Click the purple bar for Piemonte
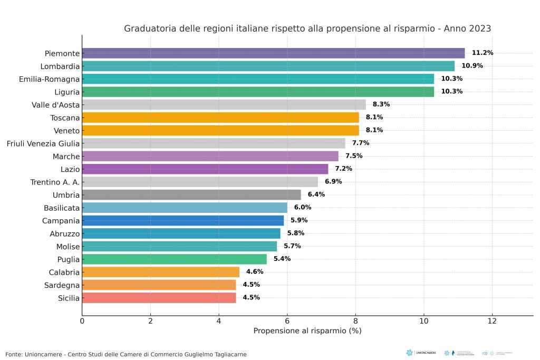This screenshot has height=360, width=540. pyautogui.click(x=273, y=53)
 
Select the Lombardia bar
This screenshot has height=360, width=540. pyautogui.click(x=268, y=66)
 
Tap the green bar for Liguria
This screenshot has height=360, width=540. pyautogui.click(x=258, y=92)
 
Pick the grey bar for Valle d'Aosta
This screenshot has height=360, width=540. pyautogui.click(x=224, y=104)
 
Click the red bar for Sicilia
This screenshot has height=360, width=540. pyautogui.click(x=159, y=298)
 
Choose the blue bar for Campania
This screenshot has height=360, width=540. pyautogui.click(x=182, y=220)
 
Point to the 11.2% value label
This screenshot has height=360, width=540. pyautogui.click(x=482, y=53)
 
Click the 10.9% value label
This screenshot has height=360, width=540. pyautogui.click(x=472, y=66)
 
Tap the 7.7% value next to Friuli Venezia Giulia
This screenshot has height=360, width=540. pyautogui.click(x=361, y=143)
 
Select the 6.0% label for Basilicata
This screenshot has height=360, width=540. pyautogui.click(x=303, y=208)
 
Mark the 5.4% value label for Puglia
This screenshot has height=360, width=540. pyautogui.click(x=282, y=259)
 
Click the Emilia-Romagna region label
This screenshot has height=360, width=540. pyautogui.click(x=49, y=79)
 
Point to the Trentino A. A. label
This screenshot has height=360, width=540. pyautogui.click(x=55, y=182)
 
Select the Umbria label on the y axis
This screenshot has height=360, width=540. pyautogui.click(x=66, y=195)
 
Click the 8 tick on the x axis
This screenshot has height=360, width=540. pyautogui.click(x=355, y=320)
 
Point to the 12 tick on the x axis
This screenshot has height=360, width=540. pyautogui.click(x=492, y=320)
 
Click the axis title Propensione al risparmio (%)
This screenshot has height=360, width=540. pyautogui.click(x=307, y=331)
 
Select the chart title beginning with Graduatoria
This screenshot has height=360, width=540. pyautogui.click(x=307, y=28)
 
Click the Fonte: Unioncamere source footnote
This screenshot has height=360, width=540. pyautogui.click(x=126, y=354)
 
